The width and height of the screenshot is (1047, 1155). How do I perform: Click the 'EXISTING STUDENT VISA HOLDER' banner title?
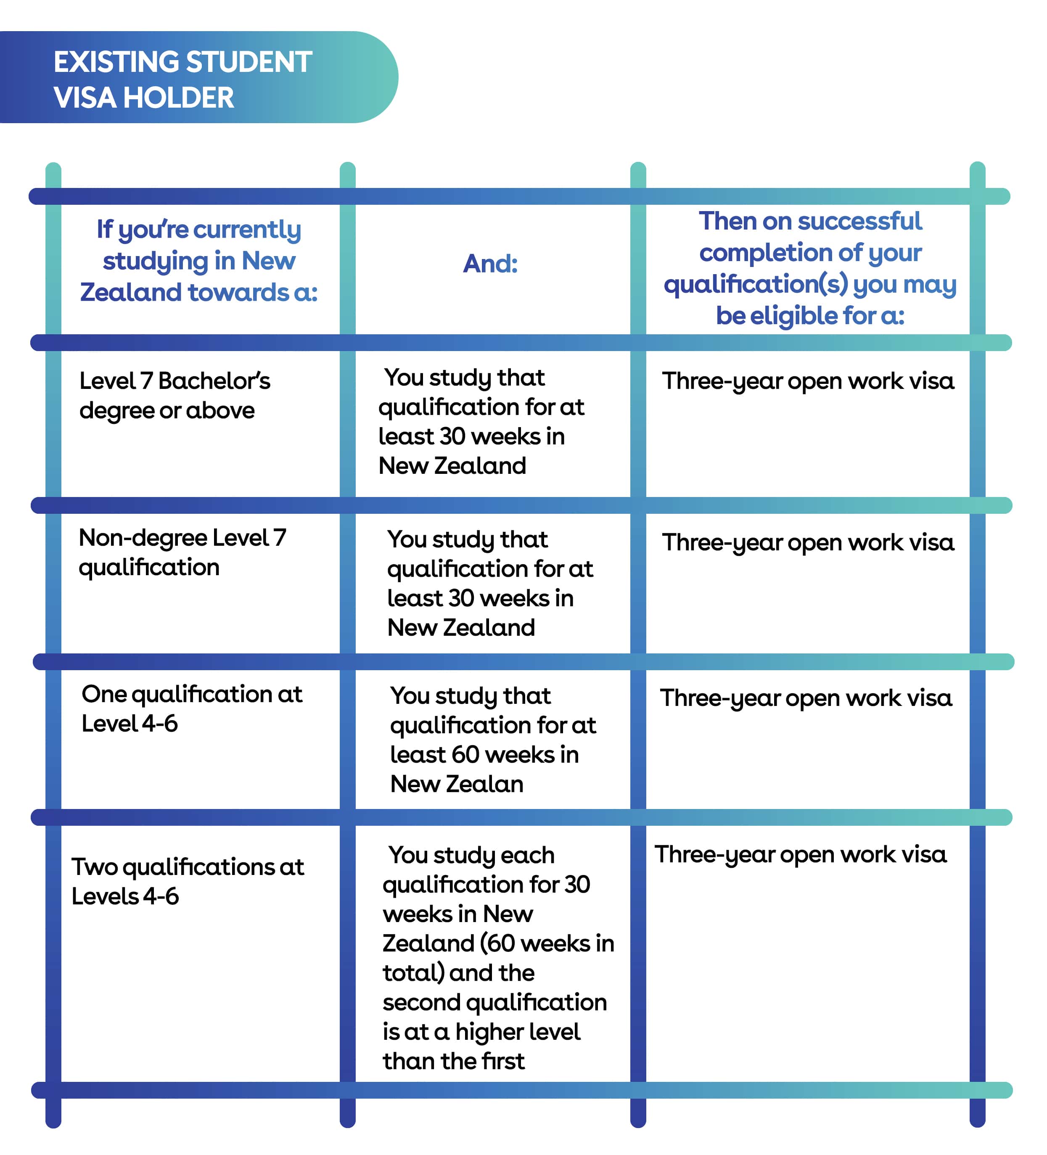(183, 79)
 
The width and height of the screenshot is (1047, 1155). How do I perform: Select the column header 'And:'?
(490, 264)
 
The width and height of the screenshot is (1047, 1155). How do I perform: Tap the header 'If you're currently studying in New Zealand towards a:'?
(199, 261)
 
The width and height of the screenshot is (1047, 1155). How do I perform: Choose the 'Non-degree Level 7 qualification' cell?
(182, 553)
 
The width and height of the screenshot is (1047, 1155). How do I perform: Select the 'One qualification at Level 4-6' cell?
(191, 709)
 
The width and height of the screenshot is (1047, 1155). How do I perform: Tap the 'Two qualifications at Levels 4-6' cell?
(188, 881)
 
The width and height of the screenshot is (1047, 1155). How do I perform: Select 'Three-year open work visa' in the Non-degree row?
(808, 542)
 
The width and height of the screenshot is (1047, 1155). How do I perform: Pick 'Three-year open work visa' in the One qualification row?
(806, 698)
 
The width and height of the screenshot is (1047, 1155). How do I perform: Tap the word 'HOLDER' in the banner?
(179, 98)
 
